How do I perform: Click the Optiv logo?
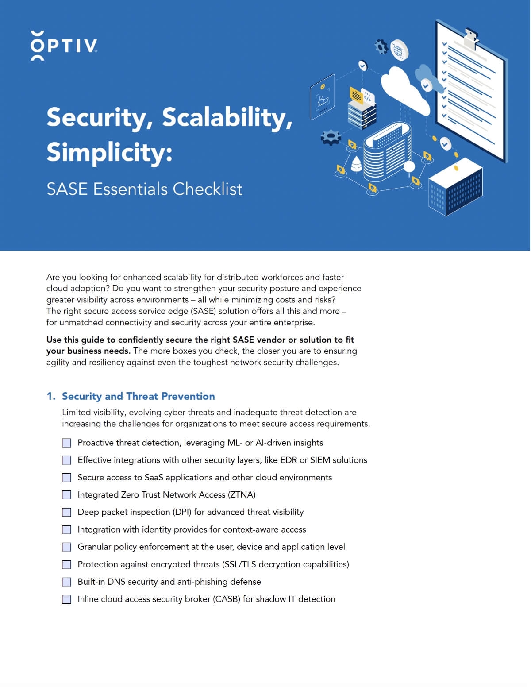coord(64,45)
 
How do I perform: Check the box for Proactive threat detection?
coord(66,443)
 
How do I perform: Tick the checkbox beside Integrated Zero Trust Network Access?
coord(66,495)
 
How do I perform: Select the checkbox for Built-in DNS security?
coord(66,582)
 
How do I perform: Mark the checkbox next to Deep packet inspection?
coord(66,512)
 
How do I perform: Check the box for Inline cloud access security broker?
coord(66,599)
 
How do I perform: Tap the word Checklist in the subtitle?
coord(208,189)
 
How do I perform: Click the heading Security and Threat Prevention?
coord(138,396)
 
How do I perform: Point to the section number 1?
coord(50,396)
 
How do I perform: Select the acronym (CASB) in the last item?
coord(227,599)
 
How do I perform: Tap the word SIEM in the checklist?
coord(320,460)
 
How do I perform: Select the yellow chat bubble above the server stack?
coord(356,94)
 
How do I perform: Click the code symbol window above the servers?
coord(368,98)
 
